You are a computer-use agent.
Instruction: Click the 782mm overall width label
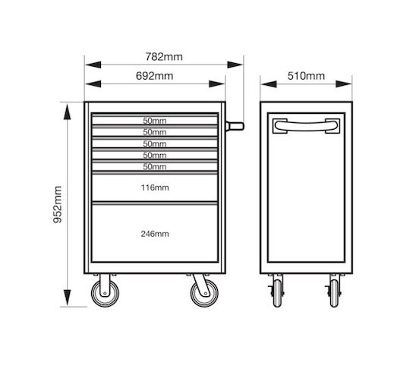point(164,57)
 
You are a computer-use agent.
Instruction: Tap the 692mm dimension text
point(155,76)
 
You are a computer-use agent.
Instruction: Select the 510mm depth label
point(306,76)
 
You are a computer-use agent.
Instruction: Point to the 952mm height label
point(57,204)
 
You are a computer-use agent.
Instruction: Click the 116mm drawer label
point(155,188)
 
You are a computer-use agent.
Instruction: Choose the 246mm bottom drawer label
point(155,234)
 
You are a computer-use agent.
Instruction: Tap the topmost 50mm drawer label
point(155,121)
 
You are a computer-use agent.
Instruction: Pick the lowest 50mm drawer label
point(155,166)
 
